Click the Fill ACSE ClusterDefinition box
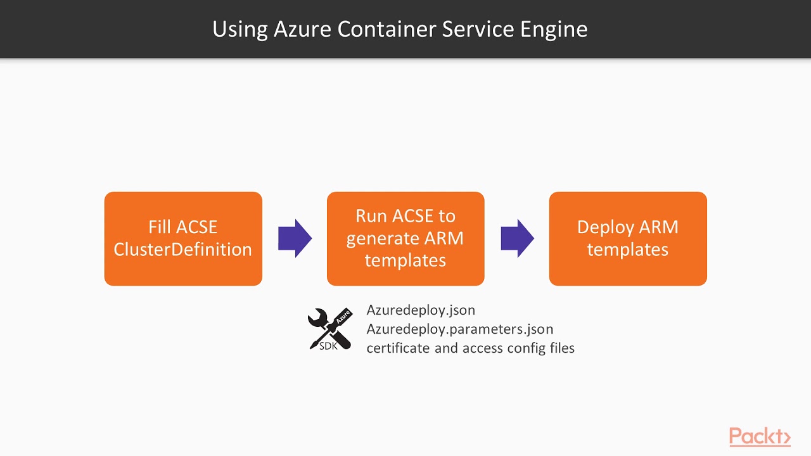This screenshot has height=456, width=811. tap(183, 239)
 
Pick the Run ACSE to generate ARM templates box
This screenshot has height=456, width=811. tap(405, 239)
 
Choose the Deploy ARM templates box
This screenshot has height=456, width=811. tap(628, 239)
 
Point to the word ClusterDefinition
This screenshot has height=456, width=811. tap(183, 250)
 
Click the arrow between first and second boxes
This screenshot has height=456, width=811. tap(295, 239)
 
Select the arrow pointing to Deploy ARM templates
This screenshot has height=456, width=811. tap(517, 239)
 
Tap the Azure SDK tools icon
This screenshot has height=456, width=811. tap(329, 328)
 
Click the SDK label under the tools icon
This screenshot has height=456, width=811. tap(328, 346)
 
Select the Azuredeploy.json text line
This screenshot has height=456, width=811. tap(421, 310)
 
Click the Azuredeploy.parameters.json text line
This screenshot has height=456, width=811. tap(460, 329)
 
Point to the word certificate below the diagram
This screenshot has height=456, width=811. tap(398, 348)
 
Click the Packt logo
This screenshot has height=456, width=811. tap(760, 437)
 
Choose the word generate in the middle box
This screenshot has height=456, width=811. tap(378, 239)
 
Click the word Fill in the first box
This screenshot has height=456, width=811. tap(160, 227)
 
